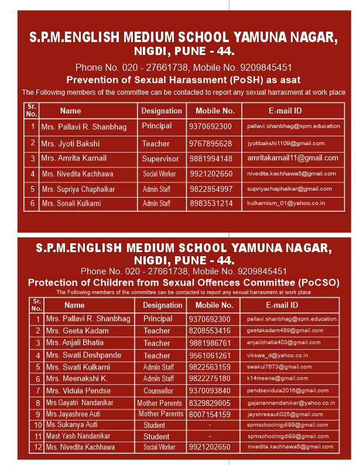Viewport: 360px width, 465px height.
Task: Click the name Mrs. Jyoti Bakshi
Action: (x=70, y=143)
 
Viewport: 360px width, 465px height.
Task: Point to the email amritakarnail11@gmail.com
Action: (x=293, y=158)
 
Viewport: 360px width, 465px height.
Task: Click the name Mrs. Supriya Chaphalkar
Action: (x=78, y=189)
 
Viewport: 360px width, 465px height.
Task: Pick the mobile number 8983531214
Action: (x=211, y=204)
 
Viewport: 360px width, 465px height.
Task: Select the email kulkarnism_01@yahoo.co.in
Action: (x=286, y=204)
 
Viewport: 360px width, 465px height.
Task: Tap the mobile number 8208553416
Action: (x=210, y=330)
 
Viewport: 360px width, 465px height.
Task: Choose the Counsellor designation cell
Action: (x=158, y=391)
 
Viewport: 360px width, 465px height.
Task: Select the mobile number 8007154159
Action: (x=210, y=414)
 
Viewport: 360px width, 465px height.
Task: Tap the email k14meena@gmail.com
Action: (x=277, y=379)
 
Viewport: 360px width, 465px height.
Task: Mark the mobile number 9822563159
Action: (x=210, y=367)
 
